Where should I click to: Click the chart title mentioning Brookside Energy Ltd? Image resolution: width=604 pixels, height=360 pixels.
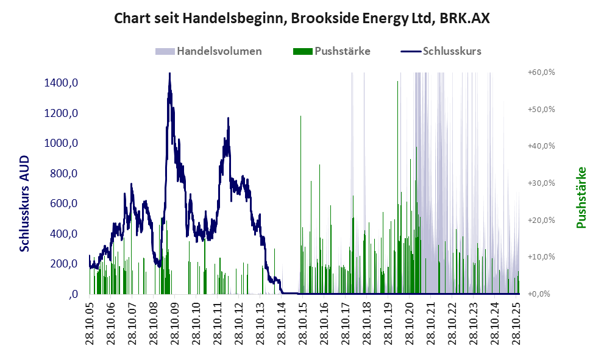pyautogui.click(x=302, y=19)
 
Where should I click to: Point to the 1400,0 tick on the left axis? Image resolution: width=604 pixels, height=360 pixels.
pyautogui.click(x=61, y=83)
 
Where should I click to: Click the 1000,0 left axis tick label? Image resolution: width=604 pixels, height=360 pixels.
pyautogui.click(x=61, y=143)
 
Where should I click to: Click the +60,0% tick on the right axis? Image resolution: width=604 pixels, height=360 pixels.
pyautogui.click(x=541, y=72)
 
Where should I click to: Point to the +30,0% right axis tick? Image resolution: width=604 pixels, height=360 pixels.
pyautogui.click(x=541, y=183)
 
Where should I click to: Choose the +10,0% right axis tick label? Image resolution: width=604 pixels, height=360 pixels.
pyautogui.click(x=541, y=256)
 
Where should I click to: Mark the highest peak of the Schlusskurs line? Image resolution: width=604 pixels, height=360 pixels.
pyautogui.click(x=169, y=74)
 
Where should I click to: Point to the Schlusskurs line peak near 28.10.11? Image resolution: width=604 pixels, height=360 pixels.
pyautogui.click(x=228, y=119)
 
